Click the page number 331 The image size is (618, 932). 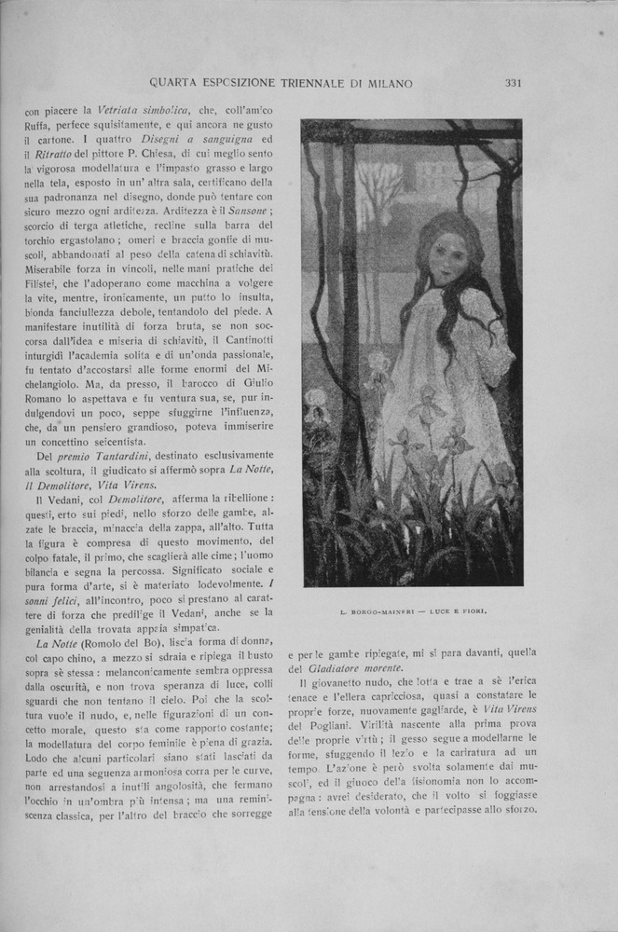[513, 83]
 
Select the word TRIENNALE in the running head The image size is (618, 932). [300, 83]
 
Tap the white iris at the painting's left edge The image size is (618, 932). [316, 401]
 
